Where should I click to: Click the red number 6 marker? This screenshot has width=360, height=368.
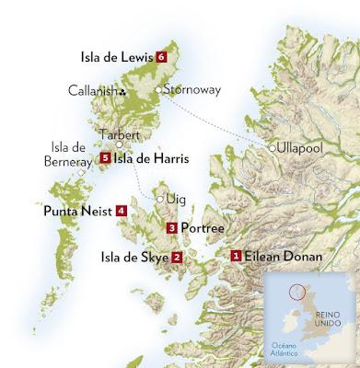click(162, 57)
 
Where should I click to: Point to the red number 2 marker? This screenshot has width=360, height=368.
click(177, 258)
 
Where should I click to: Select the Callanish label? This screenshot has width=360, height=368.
click(94, 90)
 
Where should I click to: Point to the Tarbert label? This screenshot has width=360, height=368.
click(118, 132)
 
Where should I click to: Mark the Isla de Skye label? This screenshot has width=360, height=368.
click(134, 258)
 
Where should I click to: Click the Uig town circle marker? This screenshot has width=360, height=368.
click(159, 198)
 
